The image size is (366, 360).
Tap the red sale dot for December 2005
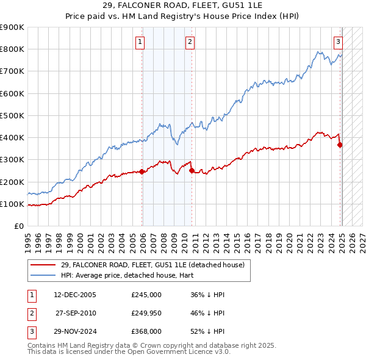tap(142, 171)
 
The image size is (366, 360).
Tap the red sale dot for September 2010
tap(192, 171)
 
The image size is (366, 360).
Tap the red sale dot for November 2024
tap(340, 145)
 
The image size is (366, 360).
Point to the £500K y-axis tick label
tap(12, 115)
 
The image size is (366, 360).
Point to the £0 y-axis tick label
tap(18, 226)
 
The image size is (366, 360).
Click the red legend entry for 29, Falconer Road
tap(152, 265)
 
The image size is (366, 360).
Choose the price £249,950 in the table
tap(146, 313)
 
